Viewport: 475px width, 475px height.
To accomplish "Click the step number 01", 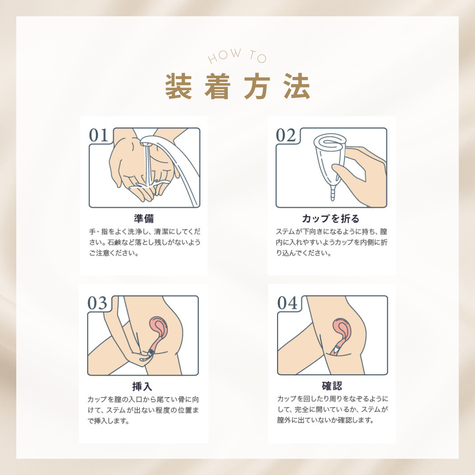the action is tap(98, 135).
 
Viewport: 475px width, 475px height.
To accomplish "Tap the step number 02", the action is tap(285, 135).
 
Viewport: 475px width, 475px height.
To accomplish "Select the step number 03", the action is tap(97, 303).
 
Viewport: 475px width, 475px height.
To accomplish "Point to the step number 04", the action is tap(287, 303).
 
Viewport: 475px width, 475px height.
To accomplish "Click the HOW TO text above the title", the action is tap(237, 56).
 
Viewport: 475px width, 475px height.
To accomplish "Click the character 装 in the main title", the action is tap(179, 86).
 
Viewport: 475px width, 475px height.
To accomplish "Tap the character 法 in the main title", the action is tap(297, 86).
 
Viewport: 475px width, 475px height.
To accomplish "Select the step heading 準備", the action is tap(144, 219).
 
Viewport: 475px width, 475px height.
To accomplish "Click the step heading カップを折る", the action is tap(331, 219).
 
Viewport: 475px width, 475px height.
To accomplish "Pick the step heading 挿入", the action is tap(142, 386).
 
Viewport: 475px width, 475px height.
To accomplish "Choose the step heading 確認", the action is tap(332, 386).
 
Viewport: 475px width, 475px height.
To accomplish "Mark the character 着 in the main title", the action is tap(218, 86).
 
